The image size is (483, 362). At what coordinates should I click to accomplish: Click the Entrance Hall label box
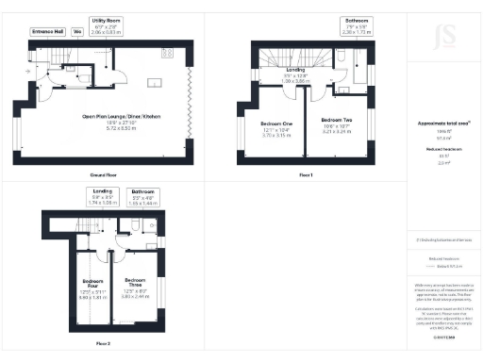46,31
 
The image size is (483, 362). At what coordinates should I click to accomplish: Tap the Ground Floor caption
103,175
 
